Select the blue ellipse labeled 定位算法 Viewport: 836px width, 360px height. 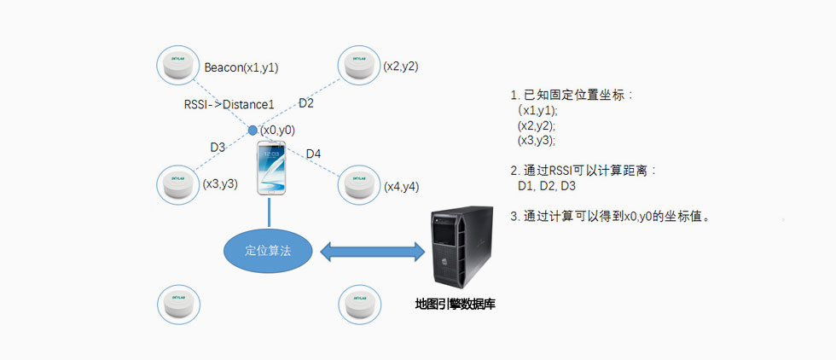268,251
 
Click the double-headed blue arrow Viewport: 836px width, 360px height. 372,251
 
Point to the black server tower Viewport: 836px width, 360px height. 460,248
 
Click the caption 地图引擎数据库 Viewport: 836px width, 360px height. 455,304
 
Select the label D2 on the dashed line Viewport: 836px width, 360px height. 305,103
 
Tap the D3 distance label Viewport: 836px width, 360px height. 218,147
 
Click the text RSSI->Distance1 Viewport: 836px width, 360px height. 229,104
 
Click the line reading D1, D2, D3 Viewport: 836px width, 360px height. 547,186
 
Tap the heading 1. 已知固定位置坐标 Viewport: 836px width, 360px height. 572,95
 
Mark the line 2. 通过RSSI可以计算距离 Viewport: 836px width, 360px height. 583,171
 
